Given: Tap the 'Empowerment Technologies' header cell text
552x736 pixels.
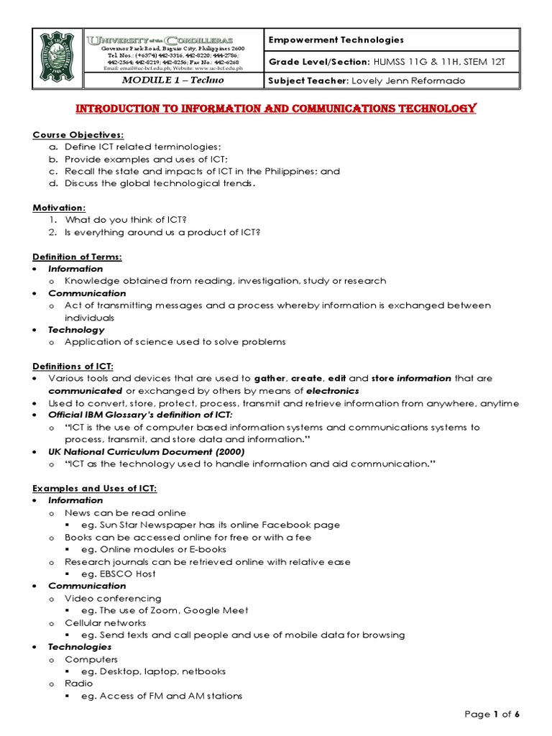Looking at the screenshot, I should (x=336, y=40).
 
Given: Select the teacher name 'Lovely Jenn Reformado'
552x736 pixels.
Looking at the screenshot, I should (x=407, y=80).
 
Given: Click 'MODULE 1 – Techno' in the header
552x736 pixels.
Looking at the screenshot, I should (x=172, y=80).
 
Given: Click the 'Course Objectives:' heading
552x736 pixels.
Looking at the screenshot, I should (x=78, y=135).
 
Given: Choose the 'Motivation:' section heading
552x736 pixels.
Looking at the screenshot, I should (x=59, y=208).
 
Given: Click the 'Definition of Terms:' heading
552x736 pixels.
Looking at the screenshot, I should (x=77, y=257).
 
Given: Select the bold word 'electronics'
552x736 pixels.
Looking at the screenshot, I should (x=332, y=391).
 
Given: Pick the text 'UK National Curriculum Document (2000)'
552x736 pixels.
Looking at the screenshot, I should (x=147, y=452).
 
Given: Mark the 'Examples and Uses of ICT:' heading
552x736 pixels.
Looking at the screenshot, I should (x=95, y=489).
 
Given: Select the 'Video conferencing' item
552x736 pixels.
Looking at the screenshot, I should (x=113, y=599).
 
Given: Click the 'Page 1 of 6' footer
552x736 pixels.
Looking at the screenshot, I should (x=492, y=714).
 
